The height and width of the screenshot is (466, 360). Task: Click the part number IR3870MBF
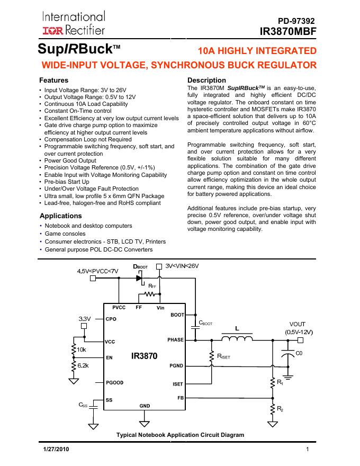click(x=288, y=31)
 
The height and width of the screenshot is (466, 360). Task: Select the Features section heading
click(x=54, y=80)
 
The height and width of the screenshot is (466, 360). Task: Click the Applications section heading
click(x=61, y=216)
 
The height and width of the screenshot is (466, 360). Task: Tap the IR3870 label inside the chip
click(x=144, y=357)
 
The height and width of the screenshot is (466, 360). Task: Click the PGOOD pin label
click(x=115, y=381)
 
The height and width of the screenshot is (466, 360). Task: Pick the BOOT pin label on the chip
click(x=177, y=315)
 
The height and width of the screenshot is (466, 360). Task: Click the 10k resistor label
click(x=82, y=349)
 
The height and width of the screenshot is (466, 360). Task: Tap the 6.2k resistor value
click(x=83, y=365)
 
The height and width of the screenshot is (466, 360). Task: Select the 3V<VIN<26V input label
click(x=182, y=266)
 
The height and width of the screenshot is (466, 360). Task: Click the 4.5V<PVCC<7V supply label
click(x=98, y=271)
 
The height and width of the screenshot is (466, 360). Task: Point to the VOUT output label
click(x=297, y=324)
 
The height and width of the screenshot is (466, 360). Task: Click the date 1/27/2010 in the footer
click(x=56, y=450)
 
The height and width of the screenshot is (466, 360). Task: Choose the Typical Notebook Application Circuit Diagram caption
click(x=180, y=435)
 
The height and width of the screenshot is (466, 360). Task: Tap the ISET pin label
click(x=178, y=384)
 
